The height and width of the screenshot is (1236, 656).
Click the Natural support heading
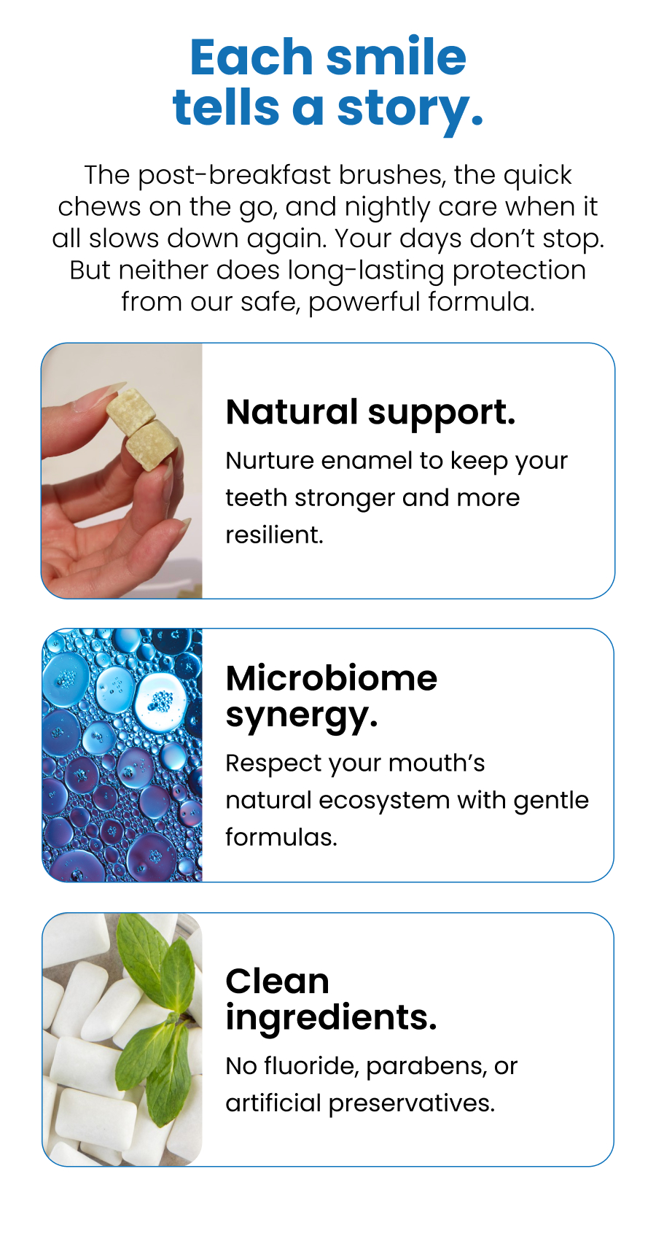(370, 413)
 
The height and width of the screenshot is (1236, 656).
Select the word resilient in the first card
(273, 535)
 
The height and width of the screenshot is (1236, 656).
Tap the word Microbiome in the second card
(331, 679)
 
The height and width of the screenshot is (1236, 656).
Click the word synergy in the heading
(300, 716)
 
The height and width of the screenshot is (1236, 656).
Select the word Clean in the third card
(277, 982)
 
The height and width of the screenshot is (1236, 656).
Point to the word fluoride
(310, 1066)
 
